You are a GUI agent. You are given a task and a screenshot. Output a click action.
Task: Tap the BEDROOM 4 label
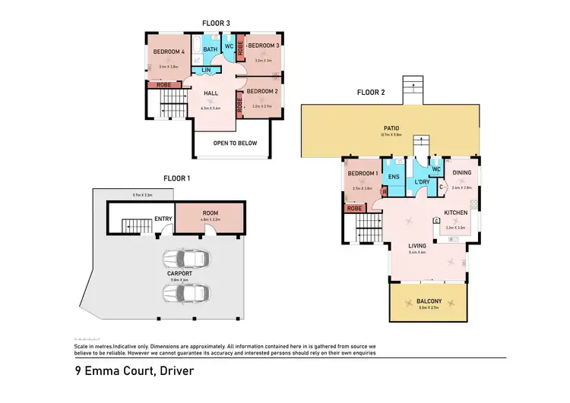pos(168,52)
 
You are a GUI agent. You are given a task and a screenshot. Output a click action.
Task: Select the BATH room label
pos(210,49)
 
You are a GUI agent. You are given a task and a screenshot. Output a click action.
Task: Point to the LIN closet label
pos(205,71)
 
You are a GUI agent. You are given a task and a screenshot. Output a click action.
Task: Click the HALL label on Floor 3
pos(211,93)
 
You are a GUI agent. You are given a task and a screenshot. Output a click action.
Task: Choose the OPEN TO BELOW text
pos(236,143)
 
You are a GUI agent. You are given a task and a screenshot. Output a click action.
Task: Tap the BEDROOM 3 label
pos(264,46)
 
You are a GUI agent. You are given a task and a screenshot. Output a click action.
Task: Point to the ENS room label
pos(394,177)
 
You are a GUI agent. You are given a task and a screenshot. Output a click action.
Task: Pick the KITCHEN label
pos(456,213)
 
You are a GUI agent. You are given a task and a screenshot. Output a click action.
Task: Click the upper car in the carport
pos(185,260)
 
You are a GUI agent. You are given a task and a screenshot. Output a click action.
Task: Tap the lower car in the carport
pos(185,293)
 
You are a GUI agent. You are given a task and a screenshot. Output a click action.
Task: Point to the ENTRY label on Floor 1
pos(163,219)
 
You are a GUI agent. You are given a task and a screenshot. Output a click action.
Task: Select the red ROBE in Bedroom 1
pos(353,208)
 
